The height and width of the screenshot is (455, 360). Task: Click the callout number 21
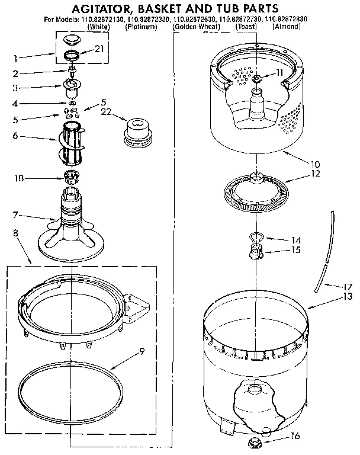pyautogui.click(x=98, y=49)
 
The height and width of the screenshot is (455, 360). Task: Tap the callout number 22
pyautogui.click(x=107, y=111)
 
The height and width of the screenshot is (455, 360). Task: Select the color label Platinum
pyautogui.click(x=141, y=27)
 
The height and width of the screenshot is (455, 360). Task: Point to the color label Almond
pyautogui.click(x=287, y=27)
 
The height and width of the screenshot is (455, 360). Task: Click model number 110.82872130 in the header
pyautogui.click(x=94, y=20)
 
